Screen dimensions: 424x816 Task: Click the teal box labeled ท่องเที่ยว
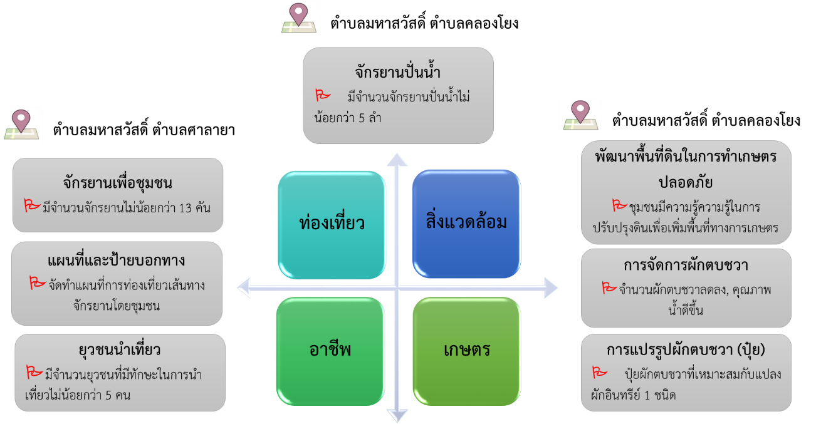click(332, 224)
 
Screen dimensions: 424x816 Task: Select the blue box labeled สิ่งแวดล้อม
click(466, 223)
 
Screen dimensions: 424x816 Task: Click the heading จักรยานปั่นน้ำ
click(397, 71)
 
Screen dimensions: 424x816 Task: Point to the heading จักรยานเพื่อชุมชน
click(117, 183)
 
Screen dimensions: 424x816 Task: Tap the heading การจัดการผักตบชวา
click(686, 265)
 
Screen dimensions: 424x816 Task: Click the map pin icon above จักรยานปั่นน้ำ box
click(299, 18)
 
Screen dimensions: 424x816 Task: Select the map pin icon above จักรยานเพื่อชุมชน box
click(21, 123)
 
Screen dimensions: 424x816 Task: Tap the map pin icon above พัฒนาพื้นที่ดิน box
click(580, 115)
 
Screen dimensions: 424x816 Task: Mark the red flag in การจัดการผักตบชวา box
click(609, 289)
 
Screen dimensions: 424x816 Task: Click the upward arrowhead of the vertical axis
click(397, 158)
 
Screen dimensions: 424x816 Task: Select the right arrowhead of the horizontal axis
click(550, 287)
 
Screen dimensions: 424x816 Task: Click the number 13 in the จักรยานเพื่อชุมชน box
click(186, 207)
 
